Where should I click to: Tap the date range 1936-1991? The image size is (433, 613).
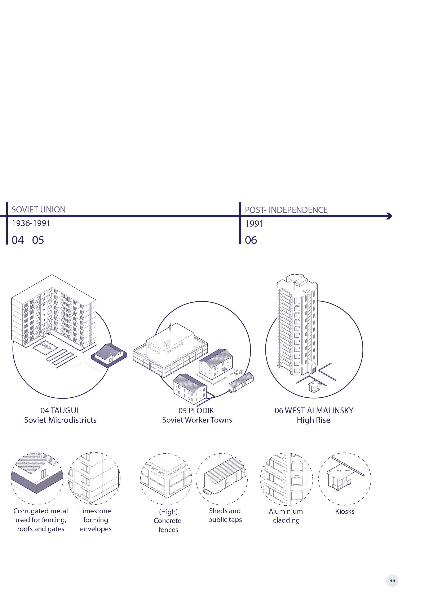[x=31, y=223]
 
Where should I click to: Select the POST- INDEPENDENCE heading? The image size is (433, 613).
[x=286, y=210]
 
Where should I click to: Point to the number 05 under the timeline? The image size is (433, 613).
[x=38, y=240]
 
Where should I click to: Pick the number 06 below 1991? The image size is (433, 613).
[x=251, y=240]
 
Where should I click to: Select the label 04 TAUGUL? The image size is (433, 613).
[x=60, y=410]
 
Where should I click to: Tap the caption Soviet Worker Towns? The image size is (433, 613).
[x=197, y=420]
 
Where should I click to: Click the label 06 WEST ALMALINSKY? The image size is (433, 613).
[x=314, y=410]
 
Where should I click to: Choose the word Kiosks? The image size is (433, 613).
[x=345, y=511]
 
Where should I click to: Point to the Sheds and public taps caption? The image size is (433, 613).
[x=225, y=515]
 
